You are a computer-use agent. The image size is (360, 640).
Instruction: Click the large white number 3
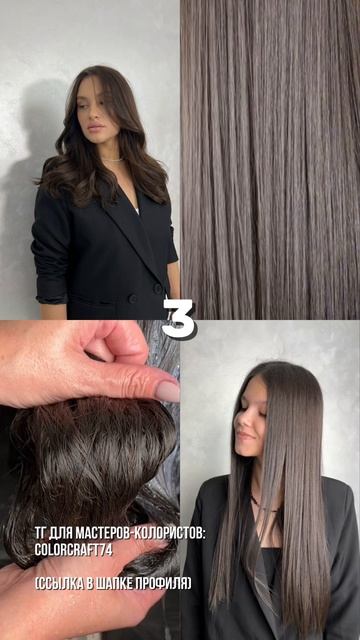click(x=179, y=319)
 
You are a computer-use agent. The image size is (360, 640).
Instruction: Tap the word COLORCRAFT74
click(x=73, y=549)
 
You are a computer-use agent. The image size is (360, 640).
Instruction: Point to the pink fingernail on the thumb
click(x=167, y=392)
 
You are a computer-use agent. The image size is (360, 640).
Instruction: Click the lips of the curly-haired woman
click(x=95, y=127)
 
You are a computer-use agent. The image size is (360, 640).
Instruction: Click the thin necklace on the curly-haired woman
click(x=113, y=160)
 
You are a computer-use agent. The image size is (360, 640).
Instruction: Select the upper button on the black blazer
click(x=158, y=288)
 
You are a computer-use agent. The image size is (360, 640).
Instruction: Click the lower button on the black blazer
click(x=133, y=299)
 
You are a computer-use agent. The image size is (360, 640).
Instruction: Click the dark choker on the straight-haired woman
click(x=264, y=504)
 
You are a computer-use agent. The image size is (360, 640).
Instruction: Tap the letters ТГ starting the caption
click(x=40, y=534)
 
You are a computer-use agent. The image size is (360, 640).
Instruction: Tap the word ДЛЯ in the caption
click(x=60, y=534)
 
